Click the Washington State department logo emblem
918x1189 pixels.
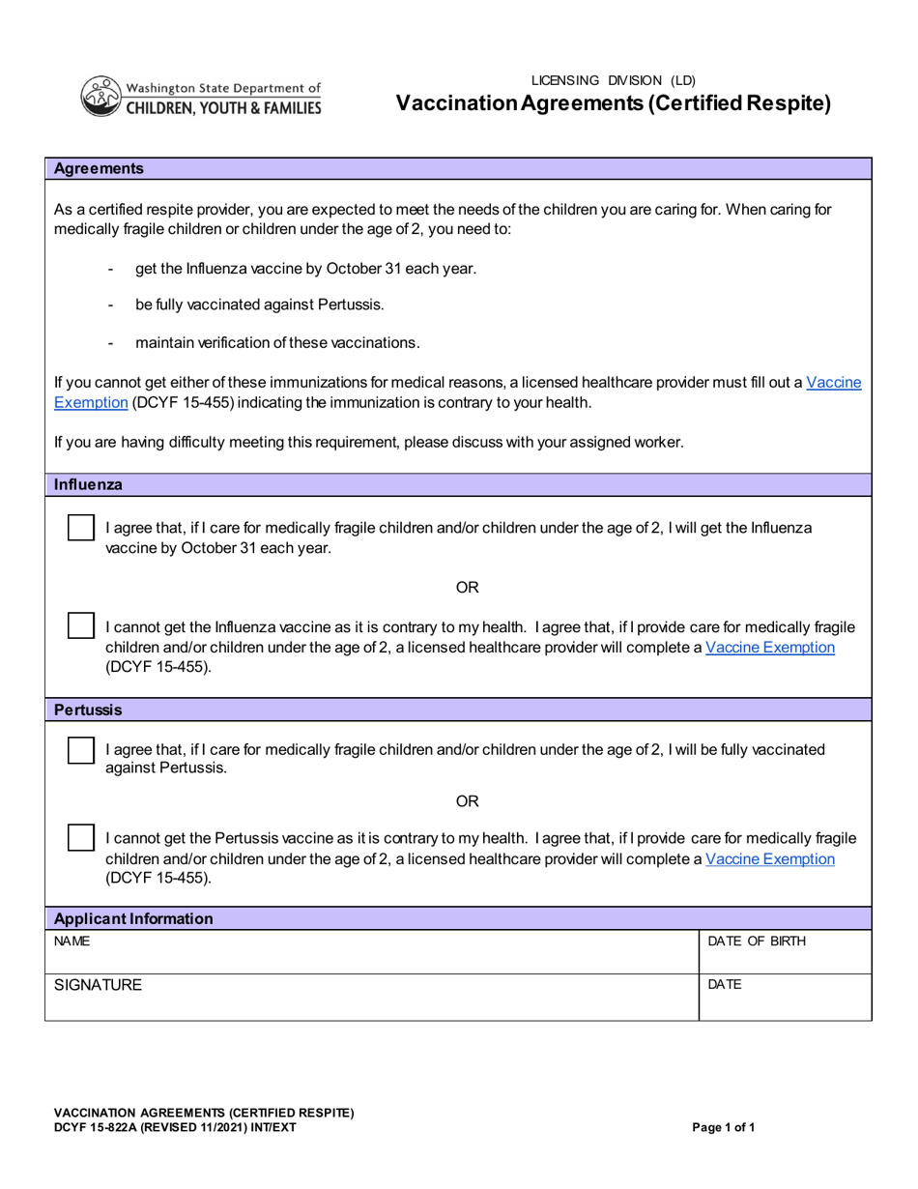pos(100,97)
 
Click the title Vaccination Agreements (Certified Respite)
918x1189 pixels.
pos(613,103)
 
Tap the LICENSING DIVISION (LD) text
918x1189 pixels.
pos(613,80)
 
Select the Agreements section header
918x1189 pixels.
pos(99,168)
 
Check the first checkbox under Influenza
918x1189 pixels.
pos(81,528)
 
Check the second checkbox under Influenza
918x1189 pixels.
pos(81,625)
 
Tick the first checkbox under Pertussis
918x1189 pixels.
pos(81,750)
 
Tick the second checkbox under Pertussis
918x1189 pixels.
pos(81,838)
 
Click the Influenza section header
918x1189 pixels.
pos(88,484)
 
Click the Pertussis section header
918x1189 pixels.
pos(88,710)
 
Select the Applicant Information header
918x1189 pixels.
pos(133,918)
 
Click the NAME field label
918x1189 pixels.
pos(72,941)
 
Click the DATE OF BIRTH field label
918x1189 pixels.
pos(757,941)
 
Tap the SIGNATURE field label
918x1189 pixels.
pos(98,985)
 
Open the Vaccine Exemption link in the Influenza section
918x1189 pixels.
pos(770,647)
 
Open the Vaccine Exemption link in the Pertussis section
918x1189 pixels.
pos(770,858)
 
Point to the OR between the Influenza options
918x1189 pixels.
pos(467,587)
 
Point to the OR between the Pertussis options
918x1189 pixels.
pos(467,800)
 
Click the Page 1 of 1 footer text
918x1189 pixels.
pos(724,1127)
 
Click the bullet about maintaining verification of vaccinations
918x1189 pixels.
pos(277,342)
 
